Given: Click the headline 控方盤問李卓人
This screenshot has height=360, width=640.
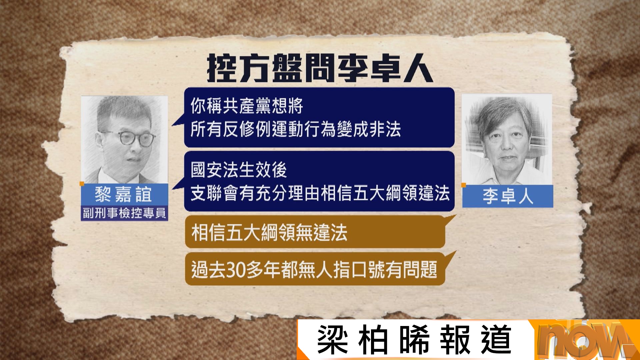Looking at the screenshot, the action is (320, 68).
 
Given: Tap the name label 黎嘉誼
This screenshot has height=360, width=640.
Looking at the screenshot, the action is (124, 194).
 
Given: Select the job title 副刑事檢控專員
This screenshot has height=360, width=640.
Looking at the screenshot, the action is (124, 213).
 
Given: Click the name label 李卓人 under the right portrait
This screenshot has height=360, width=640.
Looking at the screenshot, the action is (508, 196).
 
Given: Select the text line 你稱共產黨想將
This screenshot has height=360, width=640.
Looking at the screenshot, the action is (247, 106).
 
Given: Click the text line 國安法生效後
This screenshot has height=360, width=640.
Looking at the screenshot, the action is (239, 170).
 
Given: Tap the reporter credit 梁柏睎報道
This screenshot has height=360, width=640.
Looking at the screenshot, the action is (414, 340).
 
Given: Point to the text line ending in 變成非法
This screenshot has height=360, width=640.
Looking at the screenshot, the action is (296, 129).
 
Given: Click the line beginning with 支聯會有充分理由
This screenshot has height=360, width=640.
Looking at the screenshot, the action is (320, 193).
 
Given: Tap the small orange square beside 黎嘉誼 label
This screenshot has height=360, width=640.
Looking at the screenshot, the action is (82, 184).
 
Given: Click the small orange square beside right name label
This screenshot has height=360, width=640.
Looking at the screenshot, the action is (463, 185).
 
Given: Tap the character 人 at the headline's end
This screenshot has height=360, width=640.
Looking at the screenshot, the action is (419, 69).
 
